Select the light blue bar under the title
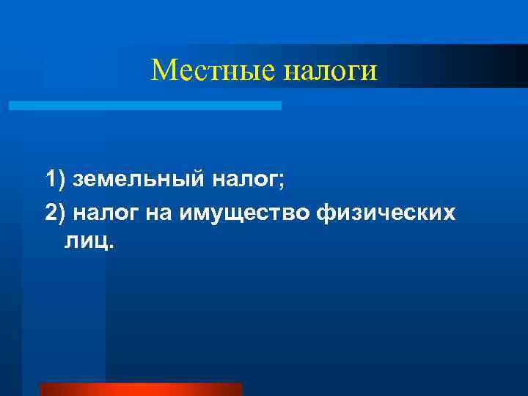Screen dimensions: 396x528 pos(144,106)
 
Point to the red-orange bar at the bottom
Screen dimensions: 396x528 pos(140,389)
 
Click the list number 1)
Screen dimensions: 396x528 pos(55,178)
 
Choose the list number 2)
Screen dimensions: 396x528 pos(55,213)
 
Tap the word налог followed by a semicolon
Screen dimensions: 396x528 pos(243,179)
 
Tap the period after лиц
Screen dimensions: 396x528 pos(110,246)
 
